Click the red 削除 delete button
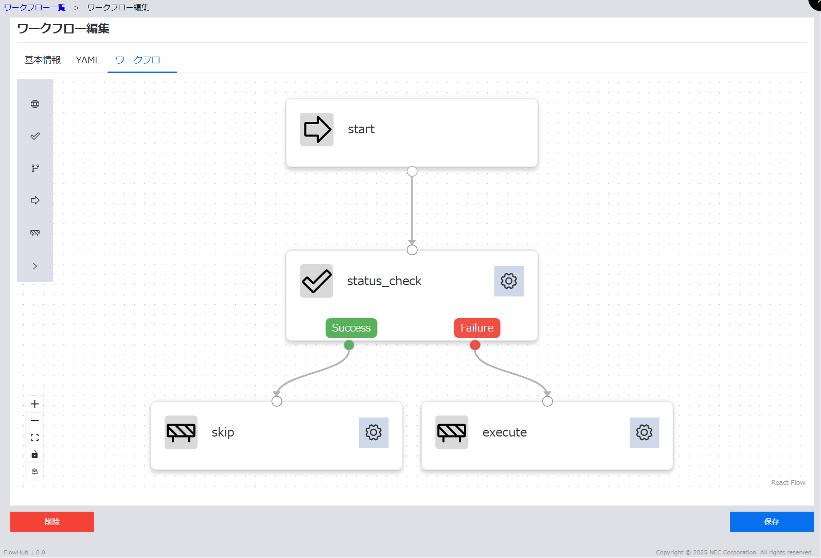52,521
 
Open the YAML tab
87,60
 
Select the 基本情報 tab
43,60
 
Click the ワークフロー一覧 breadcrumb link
35,8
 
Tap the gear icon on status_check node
509,281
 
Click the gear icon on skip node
373,432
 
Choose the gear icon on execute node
644,432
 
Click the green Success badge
351,328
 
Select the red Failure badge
477,328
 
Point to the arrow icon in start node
317,129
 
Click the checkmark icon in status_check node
316,281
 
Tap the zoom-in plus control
35,404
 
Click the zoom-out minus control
35,421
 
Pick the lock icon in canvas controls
35,455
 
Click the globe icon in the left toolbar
35,104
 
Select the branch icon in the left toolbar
35,168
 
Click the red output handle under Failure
475,345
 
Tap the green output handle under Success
349,345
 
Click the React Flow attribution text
788,483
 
